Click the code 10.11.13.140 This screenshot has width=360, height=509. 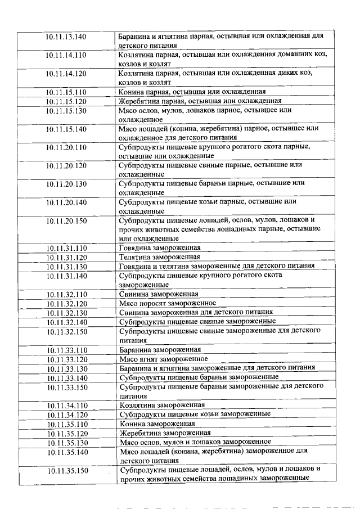[66, 37]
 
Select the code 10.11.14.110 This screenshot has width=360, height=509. [66, 55]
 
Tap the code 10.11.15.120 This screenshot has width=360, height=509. [66, 101]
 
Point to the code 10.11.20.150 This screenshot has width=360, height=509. [66, 220]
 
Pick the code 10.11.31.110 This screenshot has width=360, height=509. [66, 247]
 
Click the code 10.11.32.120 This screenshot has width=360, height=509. [66, 303]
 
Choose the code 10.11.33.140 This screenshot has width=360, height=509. [66, 377]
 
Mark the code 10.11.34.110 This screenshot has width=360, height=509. [66, 405]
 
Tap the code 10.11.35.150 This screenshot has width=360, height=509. [66, 470]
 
